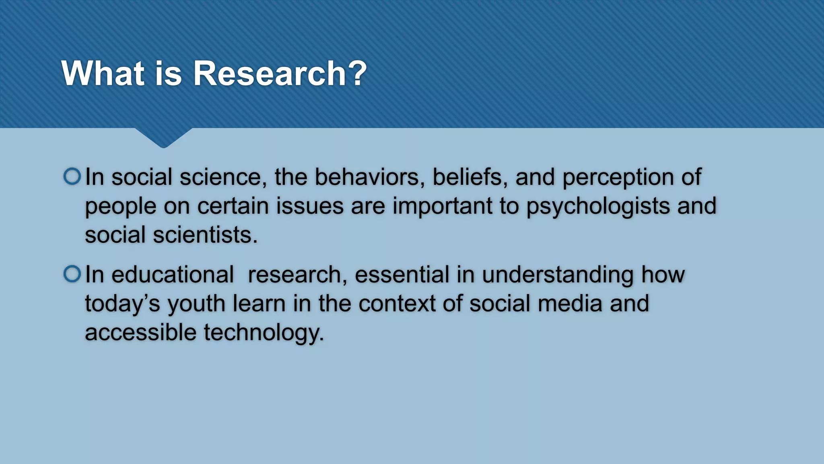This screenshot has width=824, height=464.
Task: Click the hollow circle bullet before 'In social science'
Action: click(x=72, y=176)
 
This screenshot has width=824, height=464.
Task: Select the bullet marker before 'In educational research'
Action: click(x=72, y=274)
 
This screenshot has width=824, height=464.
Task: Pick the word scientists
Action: click(x=205, y=235)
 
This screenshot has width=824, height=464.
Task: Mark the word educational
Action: click(x=173, y=275)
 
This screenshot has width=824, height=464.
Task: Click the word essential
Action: click(x=402, y=275)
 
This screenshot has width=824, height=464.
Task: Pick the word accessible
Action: click(x=141, y=333)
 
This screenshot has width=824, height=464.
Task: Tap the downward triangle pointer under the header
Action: click(x=163, y=137)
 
